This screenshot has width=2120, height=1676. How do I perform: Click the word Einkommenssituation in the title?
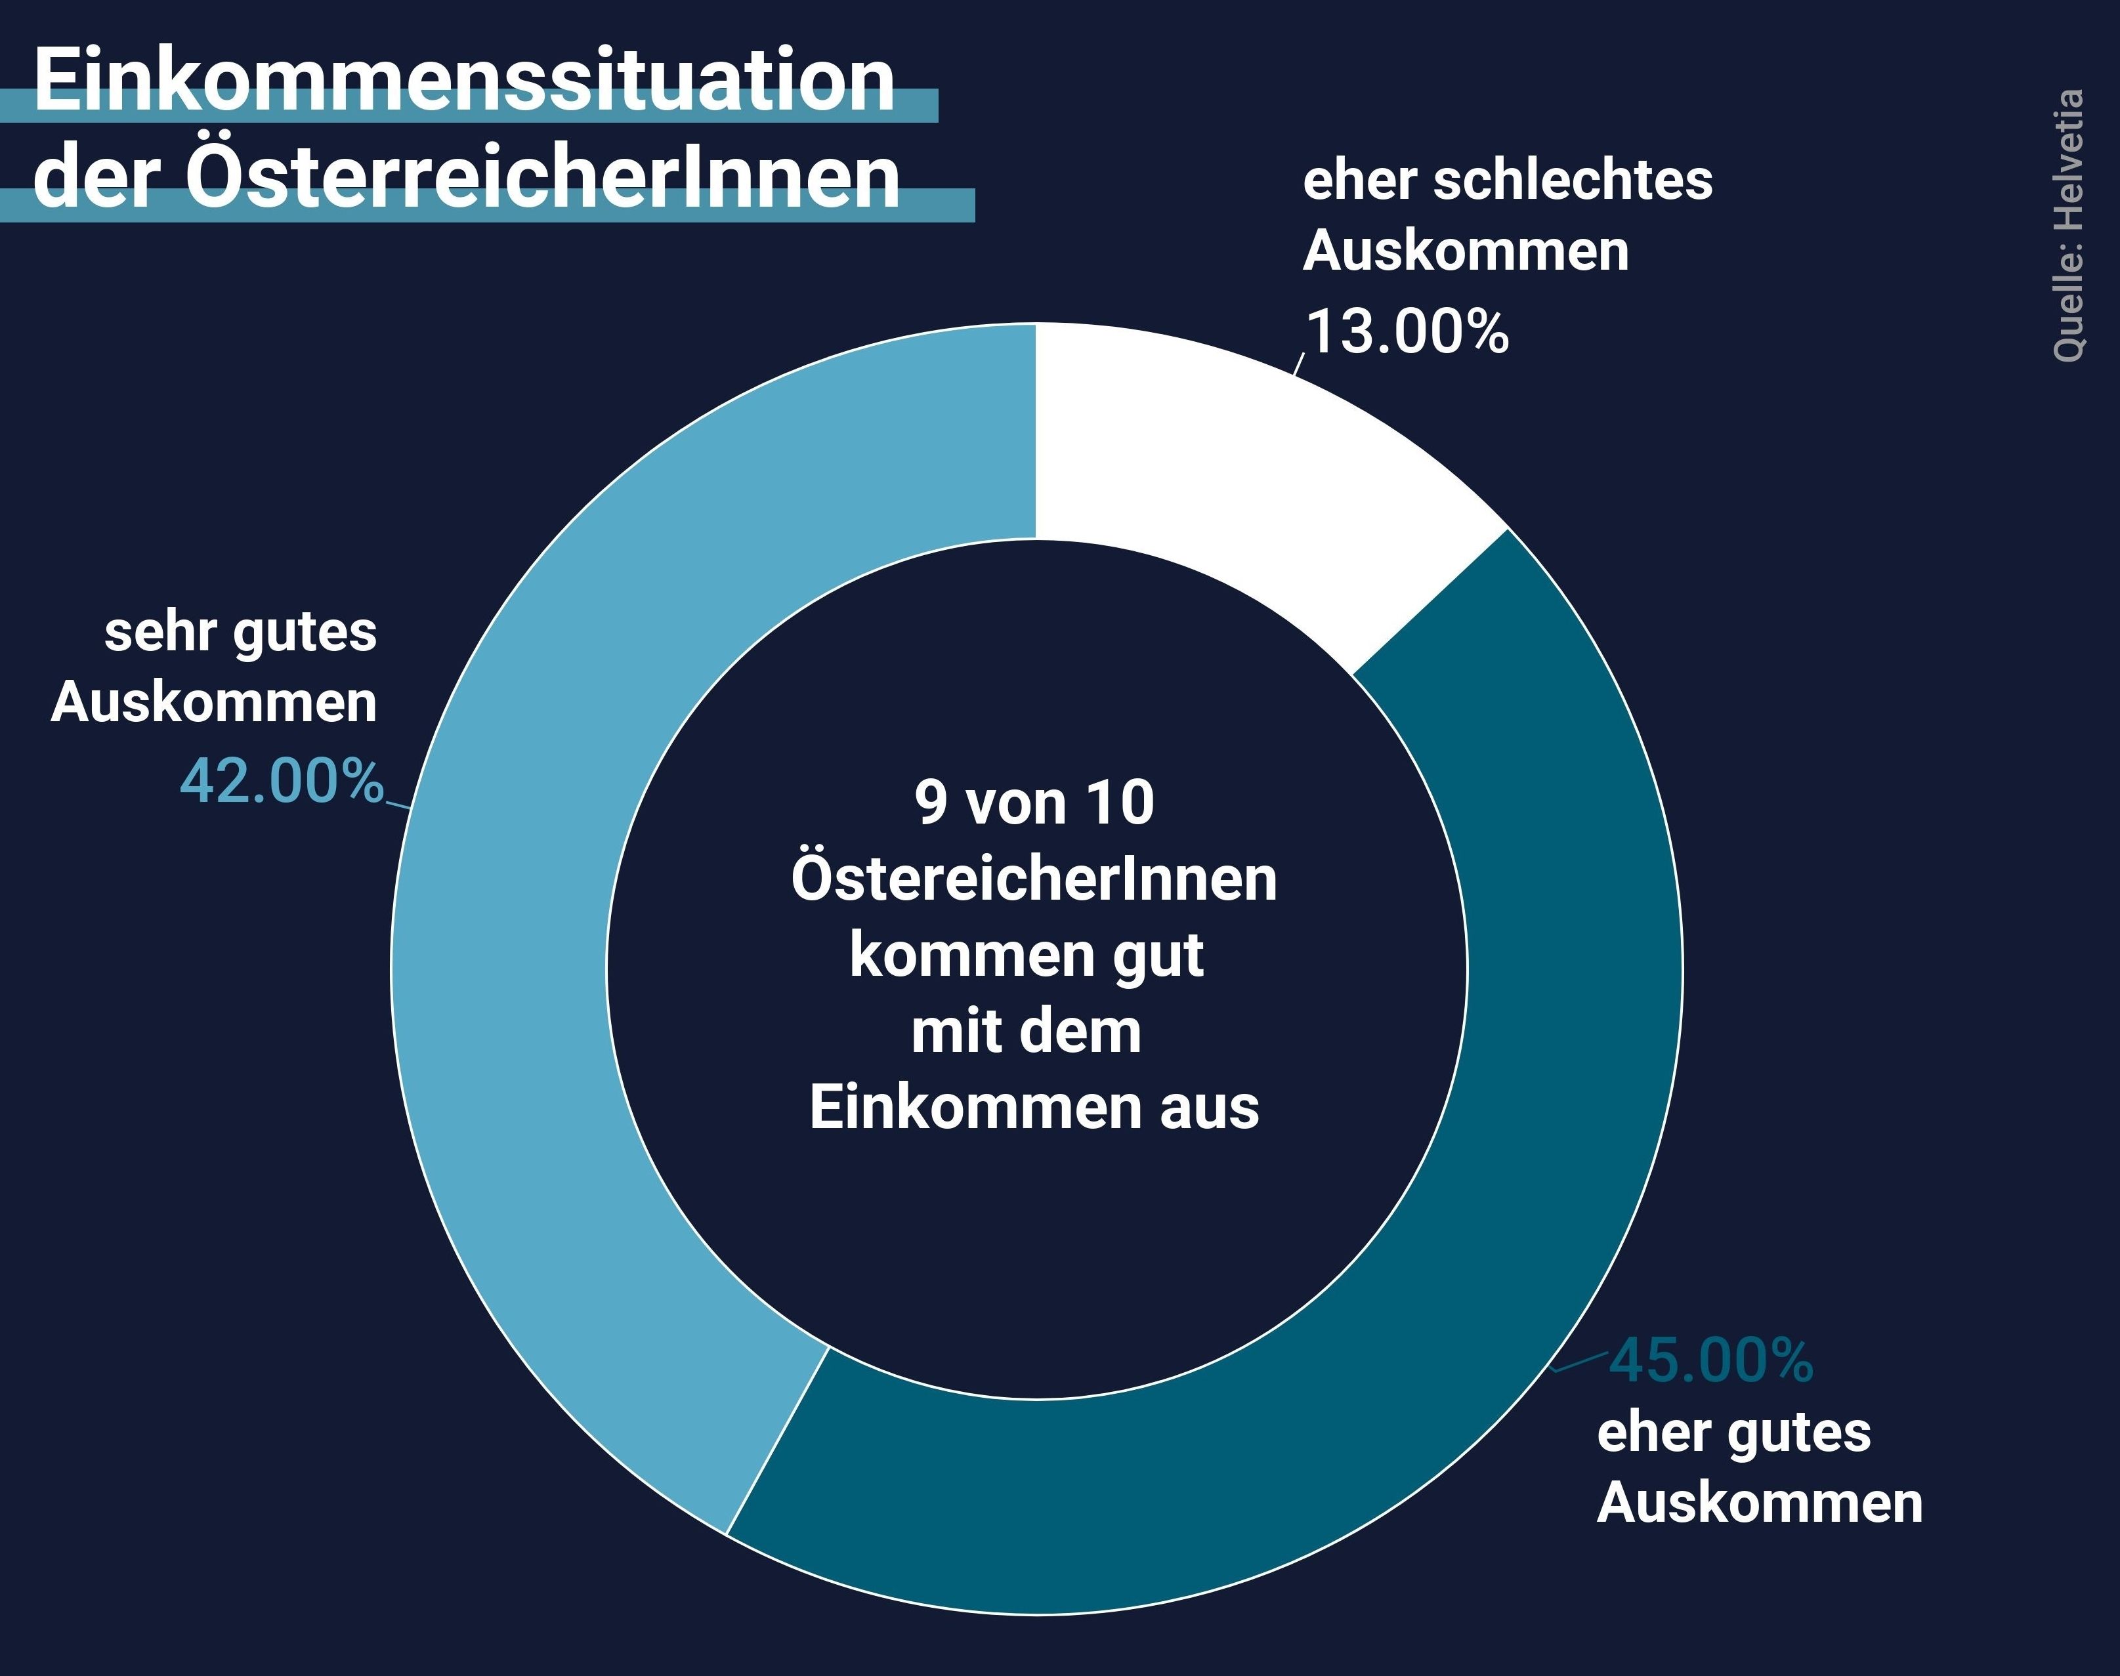tap(464, 81)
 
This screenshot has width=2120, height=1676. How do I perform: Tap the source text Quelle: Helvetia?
tap(2068, 226)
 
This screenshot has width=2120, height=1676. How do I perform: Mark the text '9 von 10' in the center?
tap(1034, 803)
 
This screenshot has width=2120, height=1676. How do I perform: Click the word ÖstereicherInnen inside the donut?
tap(1034, 879)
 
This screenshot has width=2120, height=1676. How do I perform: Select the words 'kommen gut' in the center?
tap(1027, 955)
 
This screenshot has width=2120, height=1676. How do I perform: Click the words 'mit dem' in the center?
tap(1027, 1032)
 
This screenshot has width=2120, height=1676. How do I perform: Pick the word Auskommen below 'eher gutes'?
tap(1760, 1503)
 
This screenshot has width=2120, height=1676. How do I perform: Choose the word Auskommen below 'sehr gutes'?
tap(214, 703)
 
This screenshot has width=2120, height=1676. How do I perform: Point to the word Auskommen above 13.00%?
tap(1466, 251)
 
